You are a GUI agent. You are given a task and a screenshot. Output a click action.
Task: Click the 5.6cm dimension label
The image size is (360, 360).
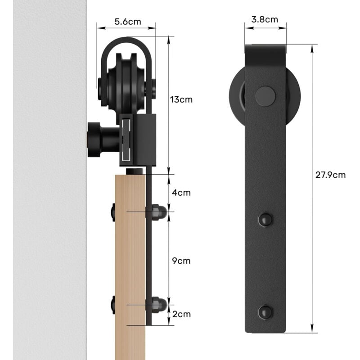pos(128,22)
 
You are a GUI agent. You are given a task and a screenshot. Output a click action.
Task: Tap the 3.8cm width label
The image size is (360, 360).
pos(265,19)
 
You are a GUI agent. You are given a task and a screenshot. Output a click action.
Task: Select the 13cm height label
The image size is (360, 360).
pos(181,99)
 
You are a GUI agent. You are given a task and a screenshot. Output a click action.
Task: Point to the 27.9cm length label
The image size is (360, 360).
pos(330,175)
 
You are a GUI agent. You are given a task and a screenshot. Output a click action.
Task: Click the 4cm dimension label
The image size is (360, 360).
pos(181,193)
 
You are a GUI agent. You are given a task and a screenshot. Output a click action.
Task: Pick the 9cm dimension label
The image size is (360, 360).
pos(181,261)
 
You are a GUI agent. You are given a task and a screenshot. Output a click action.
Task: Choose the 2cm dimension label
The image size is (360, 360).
pos(181,314)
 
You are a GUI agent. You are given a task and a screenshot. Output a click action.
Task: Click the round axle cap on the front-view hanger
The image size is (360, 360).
pos(265,96)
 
